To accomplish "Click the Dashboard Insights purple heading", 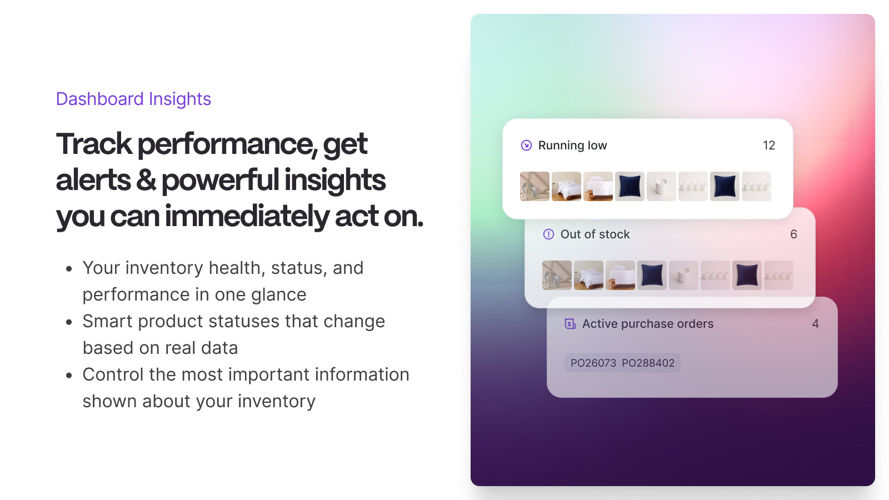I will (133, 99).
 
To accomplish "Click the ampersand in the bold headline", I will (146, 180).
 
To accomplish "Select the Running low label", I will (572, 146).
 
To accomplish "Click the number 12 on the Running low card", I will (769, 146).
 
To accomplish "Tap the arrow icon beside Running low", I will (526, 146).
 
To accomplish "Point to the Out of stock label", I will (595, 234).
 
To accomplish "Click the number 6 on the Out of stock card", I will (793, 234).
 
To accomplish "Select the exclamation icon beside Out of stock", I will (548, 234).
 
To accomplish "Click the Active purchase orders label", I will (648, 324).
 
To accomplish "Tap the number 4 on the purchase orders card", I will (815, 324).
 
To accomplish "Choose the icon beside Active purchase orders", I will (570, 324).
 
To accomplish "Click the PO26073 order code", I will (593, 363).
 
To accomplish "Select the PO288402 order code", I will (648, 363).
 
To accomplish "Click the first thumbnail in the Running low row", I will (535, 186).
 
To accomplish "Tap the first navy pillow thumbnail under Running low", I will (630, 186).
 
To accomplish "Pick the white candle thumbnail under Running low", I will (661, 186).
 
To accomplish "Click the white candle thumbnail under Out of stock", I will (683, 275).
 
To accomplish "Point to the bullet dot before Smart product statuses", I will (69, 322).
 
